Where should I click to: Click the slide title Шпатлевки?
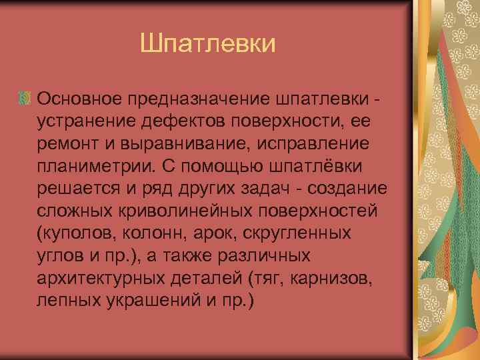(208, 45)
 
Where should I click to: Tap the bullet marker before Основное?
(25, 99)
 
